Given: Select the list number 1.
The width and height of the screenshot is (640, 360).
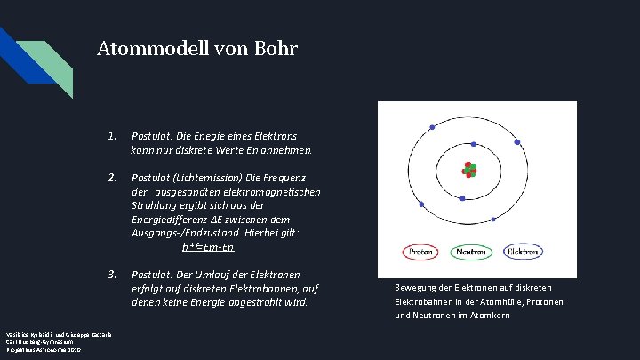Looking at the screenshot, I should pyautogui.click(x=112, y=137).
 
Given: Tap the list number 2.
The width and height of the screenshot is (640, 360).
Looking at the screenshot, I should pyautogui.click(x=112, y=178).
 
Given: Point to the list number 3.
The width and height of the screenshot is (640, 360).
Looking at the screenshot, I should pyautogui.click(x=112, y=274).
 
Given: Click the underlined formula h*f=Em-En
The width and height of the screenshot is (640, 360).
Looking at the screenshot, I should pyautogui.click(x=209, y=246).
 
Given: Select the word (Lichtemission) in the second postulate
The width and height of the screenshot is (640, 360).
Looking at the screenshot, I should pyautogui.click(x=215, y=178).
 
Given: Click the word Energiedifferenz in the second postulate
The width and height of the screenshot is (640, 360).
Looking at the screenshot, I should pyautogui.click(x=175, y=219).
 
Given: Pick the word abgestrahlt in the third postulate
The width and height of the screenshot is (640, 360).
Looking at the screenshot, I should pyautogui.click(x=253, y=302).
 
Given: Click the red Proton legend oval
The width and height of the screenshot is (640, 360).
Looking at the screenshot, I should pyautogui.click(x=420, y=252).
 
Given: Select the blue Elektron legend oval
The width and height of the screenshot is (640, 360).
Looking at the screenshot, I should pyautogui.click(x=523, y=252).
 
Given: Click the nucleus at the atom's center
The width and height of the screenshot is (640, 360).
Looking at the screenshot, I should pyautogui.click(x=469, y=170).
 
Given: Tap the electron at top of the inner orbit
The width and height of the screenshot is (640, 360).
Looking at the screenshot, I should pyautogui.click(x=474, y=144).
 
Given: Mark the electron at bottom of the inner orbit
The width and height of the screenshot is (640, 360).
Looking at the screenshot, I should pyautogui.click(x=463, y=197).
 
